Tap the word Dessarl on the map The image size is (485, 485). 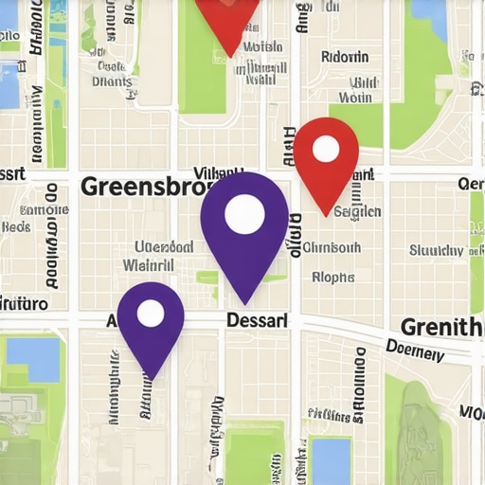click(257, 320)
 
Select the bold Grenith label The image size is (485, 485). click(441, 328)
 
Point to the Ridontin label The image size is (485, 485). click(345, 57)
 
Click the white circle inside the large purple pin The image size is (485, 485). click(244, 214)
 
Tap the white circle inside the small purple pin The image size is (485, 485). click(151, 313)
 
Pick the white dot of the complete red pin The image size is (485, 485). click(326, 149)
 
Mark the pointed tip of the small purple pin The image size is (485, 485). click(151, 377)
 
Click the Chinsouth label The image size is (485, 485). click(332, 248)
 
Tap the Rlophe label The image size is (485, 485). click(333, 278)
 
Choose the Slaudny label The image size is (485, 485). click(437, 251)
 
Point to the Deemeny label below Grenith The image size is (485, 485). click(415, 352)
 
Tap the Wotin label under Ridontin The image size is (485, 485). click(355, 97)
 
